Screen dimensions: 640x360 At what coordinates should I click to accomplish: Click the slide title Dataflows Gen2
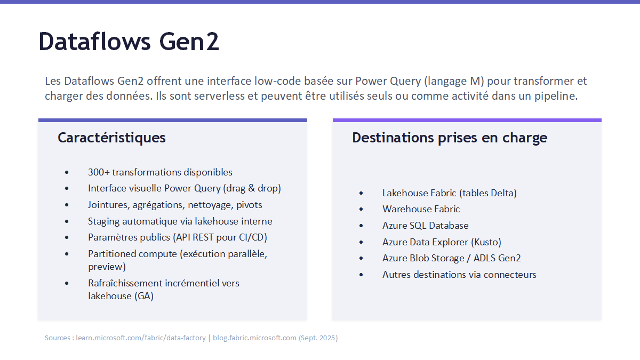click(x=129, y=42)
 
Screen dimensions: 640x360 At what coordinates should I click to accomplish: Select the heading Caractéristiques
click(x=111, y=138)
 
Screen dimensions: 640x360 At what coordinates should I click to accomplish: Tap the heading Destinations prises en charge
click(x=450, y=138)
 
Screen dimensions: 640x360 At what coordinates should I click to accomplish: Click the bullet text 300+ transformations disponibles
click(x=160, y=172)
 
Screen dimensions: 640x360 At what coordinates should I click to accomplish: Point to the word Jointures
click(x=109, y=205)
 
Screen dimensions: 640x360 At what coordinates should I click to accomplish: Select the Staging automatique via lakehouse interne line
click(x=180, y=221)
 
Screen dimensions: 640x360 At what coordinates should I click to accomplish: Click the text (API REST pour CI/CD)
click(x=220, y=238)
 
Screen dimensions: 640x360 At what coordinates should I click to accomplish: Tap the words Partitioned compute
click(x=133, y=254)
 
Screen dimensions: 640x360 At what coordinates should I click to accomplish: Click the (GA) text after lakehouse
click(x=143, y=296)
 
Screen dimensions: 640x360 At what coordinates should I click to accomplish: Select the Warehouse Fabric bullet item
click(x=421, y=209)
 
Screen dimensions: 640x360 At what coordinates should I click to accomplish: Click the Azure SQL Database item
click(x=426, y=226)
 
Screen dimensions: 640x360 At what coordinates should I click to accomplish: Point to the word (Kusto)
click(x=486, y=242)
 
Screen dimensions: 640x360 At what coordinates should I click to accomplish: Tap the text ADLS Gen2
click(x=497, y=258)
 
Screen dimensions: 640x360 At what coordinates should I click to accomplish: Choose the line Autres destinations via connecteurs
click(x=459, y=275)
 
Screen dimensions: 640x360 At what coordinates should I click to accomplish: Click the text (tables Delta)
click(x=487, y=193)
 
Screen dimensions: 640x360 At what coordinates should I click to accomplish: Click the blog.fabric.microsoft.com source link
click(x=254, y=338)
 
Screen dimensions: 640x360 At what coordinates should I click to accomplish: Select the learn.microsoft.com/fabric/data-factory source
click(x=141, y=338)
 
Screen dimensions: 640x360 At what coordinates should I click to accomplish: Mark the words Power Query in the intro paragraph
click(x=388, y=82)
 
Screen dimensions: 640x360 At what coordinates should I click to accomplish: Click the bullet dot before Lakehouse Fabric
click(x=361, y=194)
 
